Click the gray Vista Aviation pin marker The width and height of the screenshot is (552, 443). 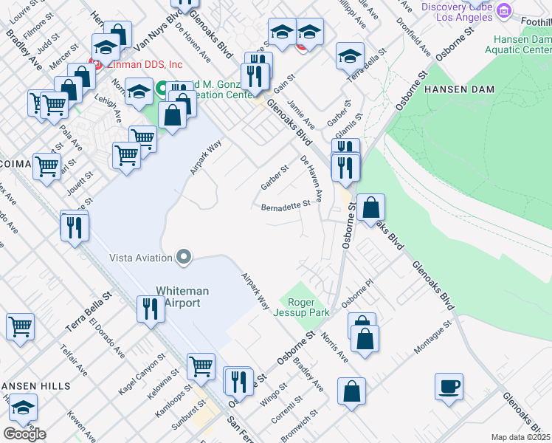[x=184, y=258]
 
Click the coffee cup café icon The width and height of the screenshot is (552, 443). [x=449, y=386]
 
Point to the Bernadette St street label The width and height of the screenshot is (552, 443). [x=281, y=207]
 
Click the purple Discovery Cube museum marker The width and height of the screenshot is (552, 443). [x=505, y=10]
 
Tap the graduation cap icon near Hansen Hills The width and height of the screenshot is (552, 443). [x=23, y=408]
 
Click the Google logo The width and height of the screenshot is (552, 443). [x=24, y=434]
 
